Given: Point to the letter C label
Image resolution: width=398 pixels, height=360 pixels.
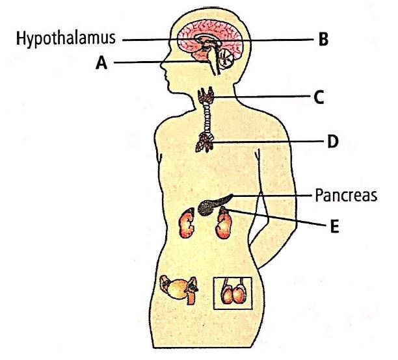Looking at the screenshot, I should click(319, 97).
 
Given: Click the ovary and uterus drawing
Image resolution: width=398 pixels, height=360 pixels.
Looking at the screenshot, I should click(178, 289).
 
